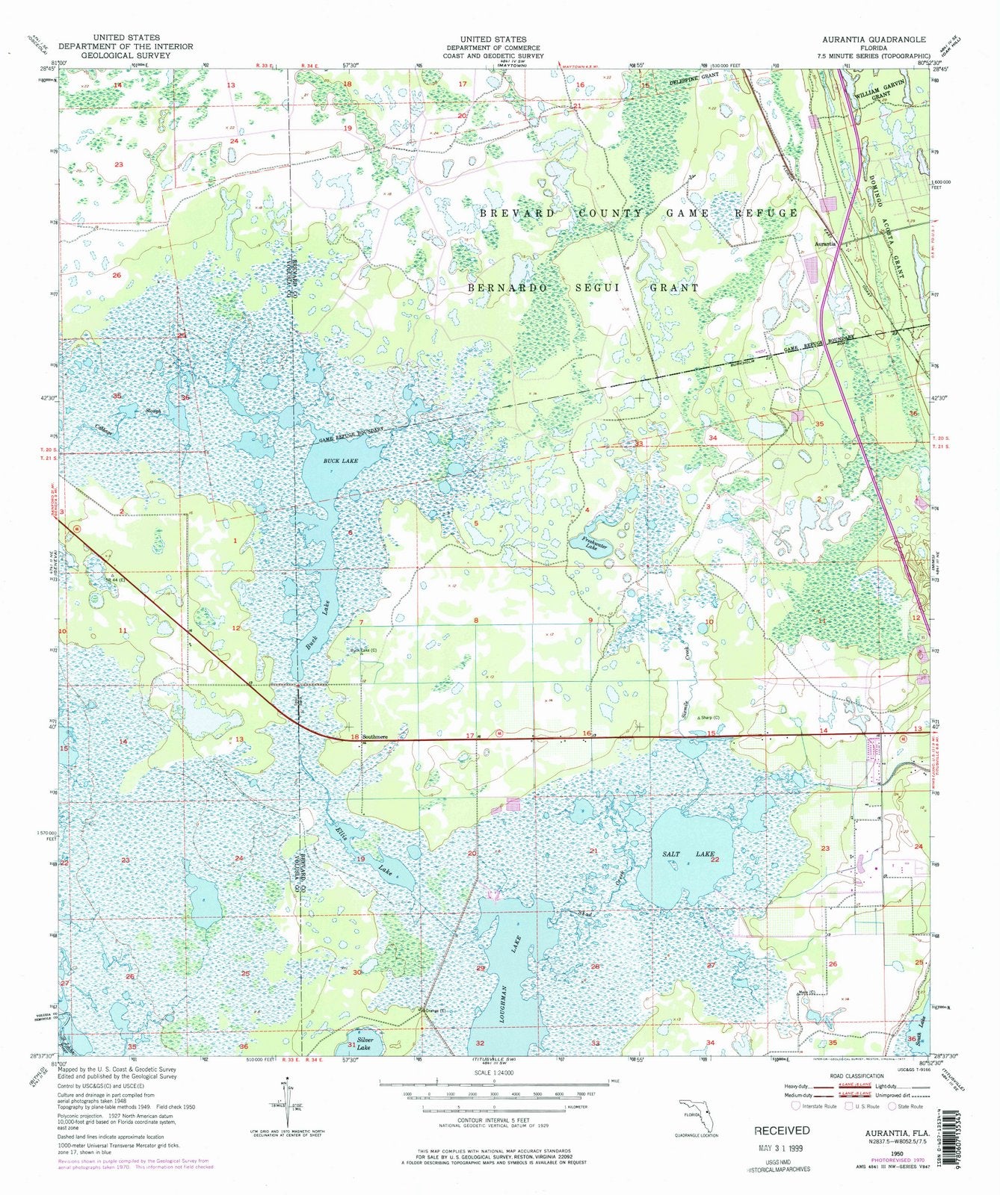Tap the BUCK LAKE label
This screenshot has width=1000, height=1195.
coord(341,462)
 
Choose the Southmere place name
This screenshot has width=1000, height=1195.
coord(375,736)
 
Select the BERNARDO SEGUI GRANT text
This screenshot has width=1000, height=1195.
coord(583,288)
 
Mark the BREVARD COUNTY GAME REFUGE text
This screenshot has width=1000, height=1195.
coord(639,213)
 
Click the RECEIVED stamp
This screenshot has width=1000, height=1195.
coord(781,1130)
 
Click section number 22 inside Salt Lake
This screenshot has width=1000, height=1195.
coord(714,860)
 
